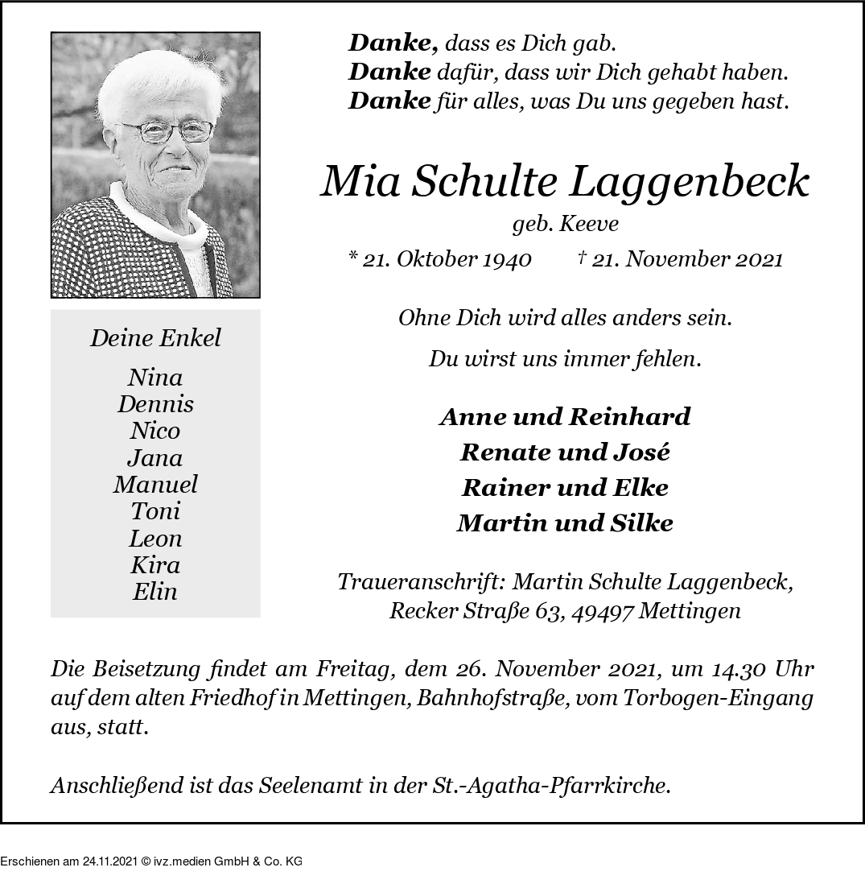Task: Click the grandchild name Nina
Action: tap(155, 378)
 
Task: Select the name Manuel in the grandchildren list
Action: tap(155, 485)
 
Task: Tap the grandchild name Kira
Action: tap(155, 565)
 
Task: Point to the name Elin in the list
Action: tap(155, 592)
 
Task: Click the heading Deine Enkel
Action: tap(155, 338)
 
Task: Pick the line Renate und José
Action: tap(565, 452)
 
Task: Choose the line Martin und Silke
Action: tap(565, 523)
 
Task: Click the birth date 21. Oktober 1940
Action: tap(447, 259)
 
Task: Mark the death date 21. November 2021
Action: tap(686, 259)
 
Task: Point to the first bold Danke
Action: tap(393, 43)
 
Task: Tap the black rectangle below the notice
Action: tap(151, 853)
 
